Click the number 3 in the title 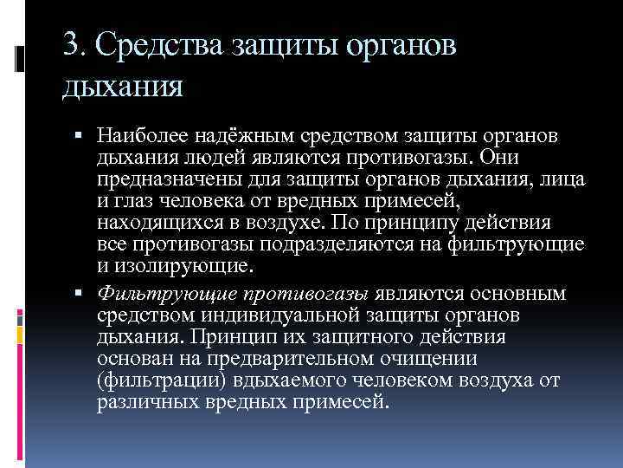(71, 45)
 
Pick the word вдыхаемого (277, 380)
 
